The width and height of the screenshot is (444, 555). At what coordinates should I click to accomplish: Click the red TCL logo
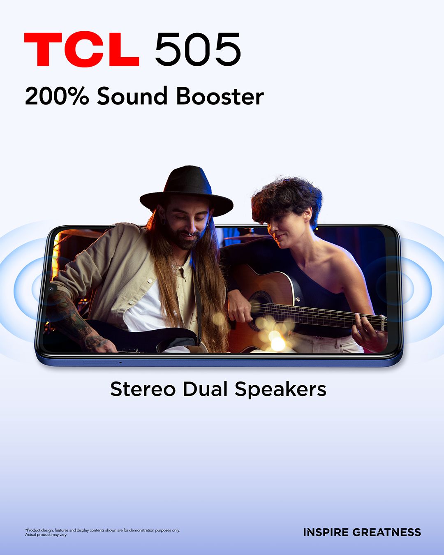pos(81,49)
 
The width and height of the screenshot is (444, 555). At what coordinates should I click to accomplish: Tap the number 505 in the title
pos(198,49)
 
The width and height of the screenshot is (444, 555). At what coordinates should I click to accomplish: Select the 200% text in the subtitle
pos(57,96)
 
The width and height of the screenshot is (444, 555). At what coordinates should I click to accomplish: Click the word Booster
pos(220,96)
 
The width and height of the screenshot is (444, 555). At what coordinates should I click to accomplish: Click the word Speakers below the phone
pos(281,390)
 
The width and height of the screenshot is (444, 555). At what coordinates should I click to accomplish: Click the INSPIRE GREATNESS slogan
pos(362,532)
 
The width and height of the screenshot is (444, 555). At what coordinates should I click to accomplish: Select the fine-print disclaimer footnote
pos(102,532)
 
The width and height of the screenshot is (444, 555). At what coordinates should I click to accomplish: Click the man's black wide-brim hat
pos(186,191)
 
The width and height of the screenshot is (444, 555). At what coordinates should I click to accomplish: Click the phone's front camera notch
pos(51,288)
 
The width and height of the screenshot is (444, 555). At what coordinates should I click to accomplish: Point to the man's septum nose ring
pos(191,234)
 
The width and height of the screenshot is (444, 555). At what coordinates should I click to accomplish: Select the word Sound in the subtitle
pos(132,96)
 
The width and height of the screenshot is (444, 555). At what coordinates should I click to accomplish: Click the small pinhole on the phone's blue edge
pos(120,363)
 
